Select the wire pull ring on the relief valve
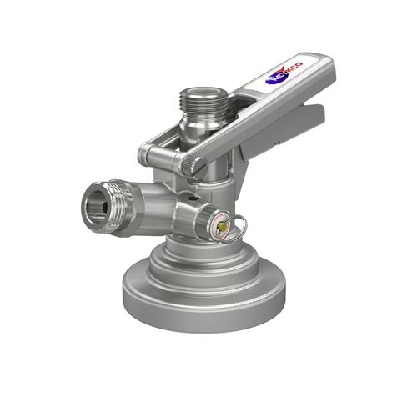[238, 223]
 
